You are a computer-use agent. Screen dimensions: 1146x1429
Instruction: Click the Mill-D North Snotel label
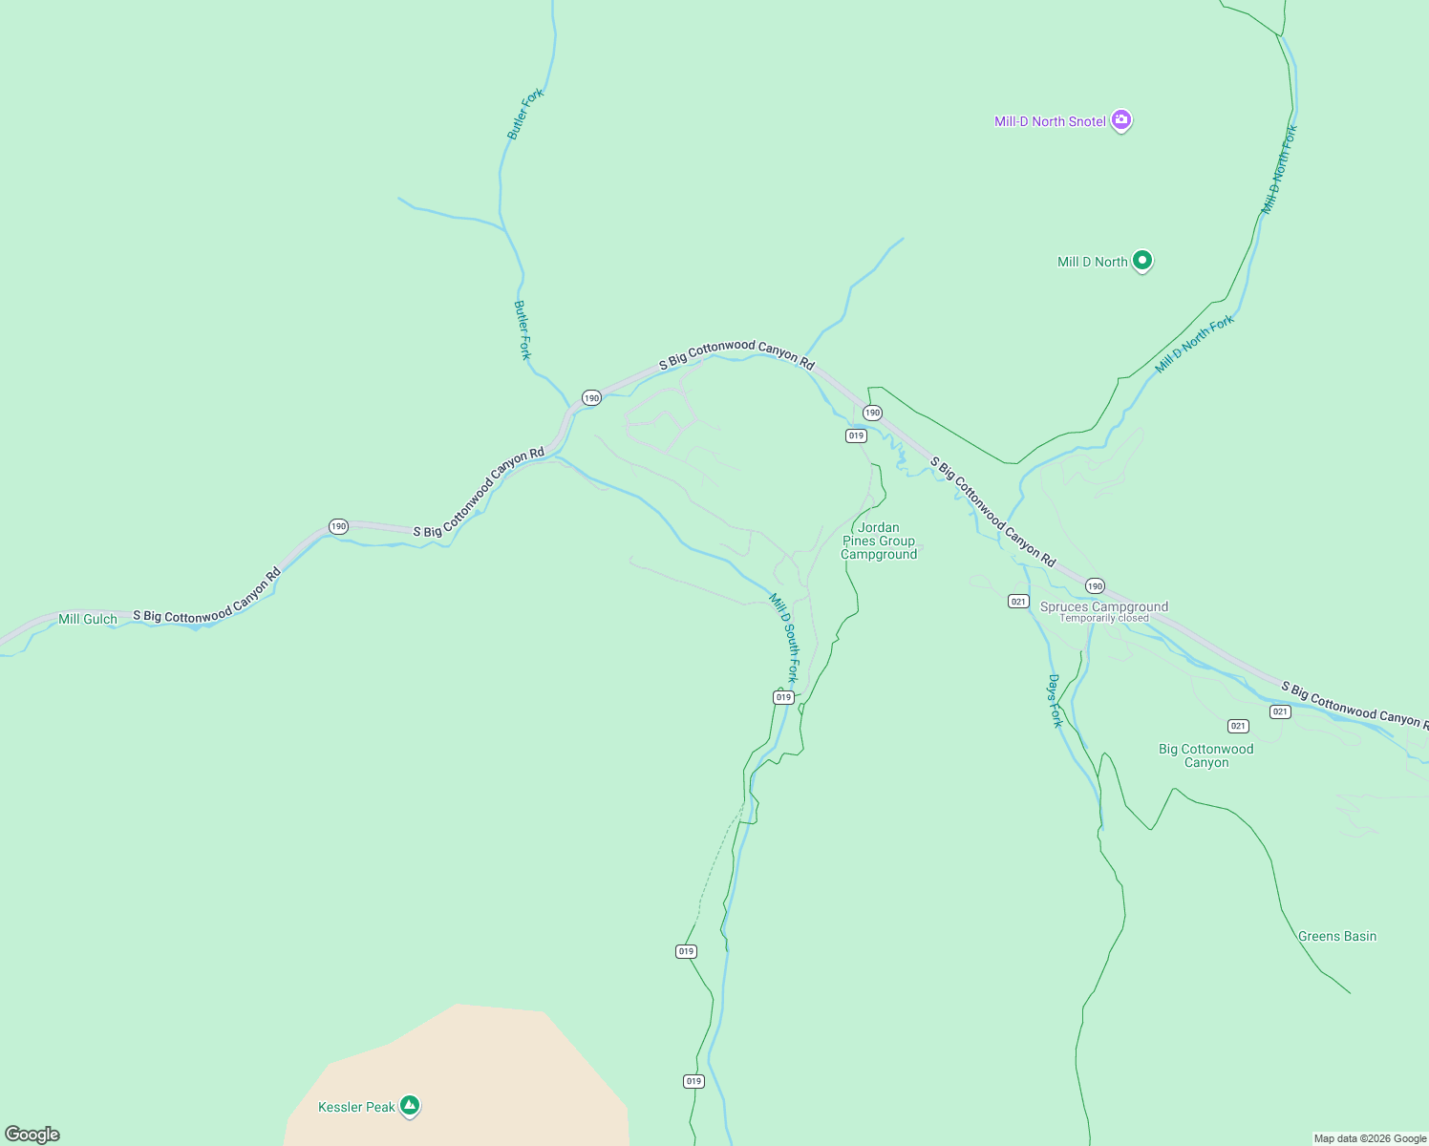1050,121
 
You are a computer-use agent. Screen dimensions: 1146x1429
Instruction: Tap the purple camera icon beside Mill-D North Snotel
1121,120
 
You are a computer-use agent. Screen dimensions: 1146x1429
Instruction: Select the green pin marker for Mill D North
1141,260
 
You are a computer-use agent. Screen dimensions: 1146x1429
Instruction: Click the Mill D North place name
1092,262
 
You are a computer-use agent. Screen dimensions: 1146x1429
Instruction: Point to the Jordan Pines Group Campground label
879,541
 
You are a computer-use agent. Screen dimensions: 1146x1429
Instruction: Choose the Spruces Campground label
1103,606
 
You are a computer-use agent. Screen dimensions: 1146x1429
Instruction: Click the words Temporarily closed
1103,618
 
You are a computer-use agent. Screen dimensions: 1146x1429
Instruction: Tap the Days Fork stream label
1055,700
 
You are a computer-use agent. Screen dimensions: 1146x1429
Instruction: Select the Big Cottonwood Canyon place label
1205,755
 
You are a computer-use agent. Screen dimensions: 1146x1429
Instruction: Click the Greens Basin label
1336,936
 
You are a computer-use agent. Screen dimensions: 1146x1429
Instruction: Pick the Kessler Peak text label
356,1107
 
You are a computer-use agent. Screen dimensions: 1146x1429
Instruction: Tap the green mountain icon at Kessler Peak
410,1105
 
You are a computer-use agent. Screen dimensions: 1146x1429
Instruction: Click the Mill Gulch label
88,619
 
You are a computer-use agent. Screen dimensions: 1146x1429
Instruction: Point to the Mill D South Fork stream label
783,638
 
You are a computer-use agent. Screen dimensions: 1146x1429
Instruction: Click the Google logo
32,1135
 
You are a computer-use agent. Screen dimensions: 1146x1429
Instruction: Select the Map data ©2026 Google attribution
1370,1138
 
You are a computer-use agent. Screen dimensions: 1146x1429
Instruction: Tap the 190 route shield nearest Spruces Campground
1095,585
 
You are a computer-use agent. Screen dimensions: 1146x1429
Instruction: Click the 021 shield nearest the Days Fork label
1018,601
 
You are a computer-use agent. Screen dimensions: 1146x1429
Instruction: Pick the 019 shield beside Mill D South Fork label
783,697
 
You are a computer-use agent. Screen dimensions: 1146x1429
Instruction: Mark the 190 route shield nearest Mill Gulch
338,526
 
